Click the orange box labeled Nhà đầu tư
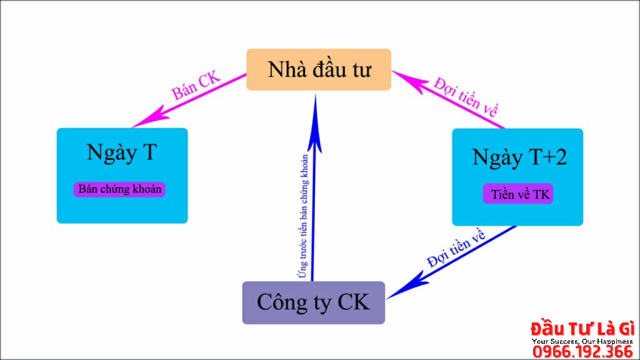point(318,69)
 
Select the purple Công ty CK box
point(313,302)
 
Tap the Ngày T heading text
point(121,152)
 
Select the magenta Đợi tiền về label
point(466,97)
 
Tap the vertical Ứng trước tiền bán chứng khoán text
point(304,216)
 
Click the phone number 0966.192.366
point(582,352)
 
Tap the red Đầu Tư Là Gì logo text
point(582,329)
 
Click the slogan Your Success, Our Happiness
point(582,341)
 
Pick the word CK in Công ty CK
point(354,302)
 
